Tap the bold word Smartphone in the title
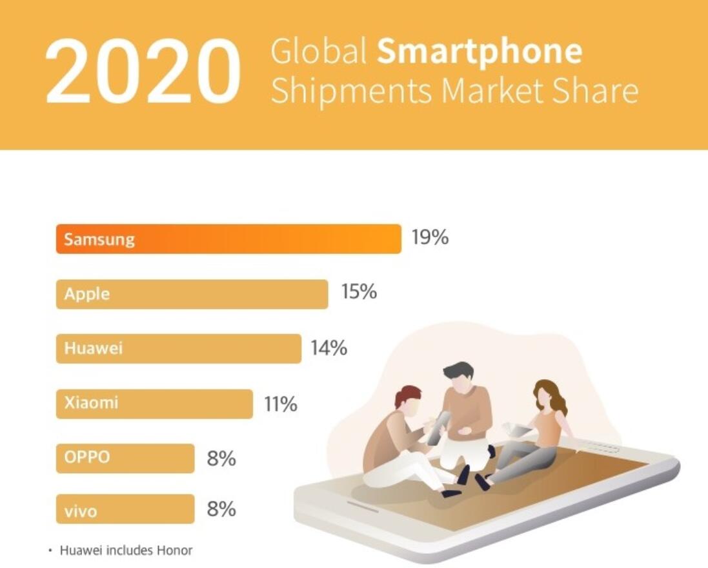pyautogui.click(x=480, y=52)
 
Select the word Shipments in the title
pyautogui.click(x=350, y=91)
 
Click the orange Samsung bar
pyautogui.click(x=228, y=239)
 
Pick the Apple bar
pyautogui.click(x=192, y=294)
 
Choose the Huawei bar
pyautogui.click(x=178, y=349)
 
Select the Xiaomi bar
pyautogui.click(x=154, y=404)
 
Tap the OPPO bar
pyautogui.click(x=125, y=458)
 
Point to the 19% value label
pyautogui.click(x=430, y=238)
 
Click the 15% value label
pyautogui.click(x=359, y=292)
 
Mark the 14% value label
pyautogui.click(x=329, y=348)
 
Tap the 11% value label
pyautogui.click(x=280, y=405)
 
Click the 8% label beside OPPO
pyautogui.click(x=221, y=459)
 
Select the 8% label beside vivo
pyautogui.click(x=221, y=509)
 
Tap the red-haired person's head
pyautogui.click(x=408, y=399)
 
